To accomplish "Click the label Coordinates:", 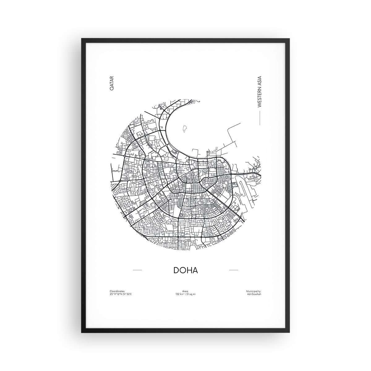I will click(x=117, y=291).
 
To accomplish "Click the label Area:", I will click(x=185, y=291).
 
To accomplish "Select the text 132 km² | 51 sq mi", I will click(x=185, y=294).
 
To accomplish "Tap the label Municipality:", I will click(x=254, y=291).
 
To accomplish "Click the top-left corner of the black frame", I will click(x=82, y=39).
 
